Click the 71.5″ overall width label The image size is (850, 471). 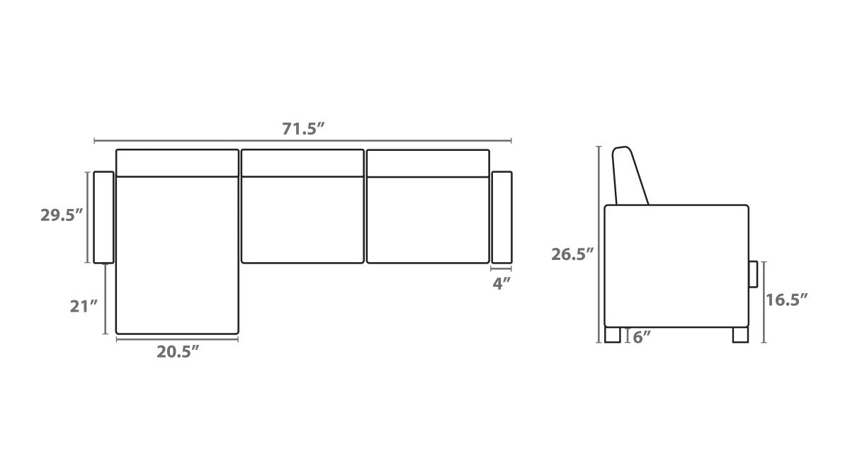(x=303, y=129)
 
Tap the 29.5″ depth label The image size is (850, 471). (x=62, y=216)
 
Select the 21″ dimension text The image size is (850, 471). (x=84, y=306)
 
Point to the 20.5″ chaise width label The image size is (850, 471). (x=177, y=351)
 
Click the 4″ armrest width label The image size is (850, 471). (x=501, y=283)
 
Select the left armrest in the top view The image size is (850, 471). (x=103, y=217)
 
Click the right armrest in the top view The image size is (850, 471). (x=501, y=217)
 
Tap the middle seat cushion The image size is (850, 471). (x=302, y=220)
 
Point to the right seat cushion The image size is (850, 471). (x=428, y=220)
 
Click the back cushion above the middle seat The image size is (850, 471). (x=302, y=163)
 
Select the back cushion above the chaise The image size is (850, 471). (x=177, y=163)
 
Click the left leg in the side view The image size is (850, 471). (x=613, y=335)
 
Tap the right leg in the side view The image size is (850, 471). (x=739, y=335)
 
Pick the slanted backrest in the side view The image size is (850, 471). (x=630, y=176)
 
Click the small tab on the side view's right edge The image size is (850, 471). (x=753, y=274)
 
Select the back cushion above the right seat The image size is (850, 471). (x=428, y=163)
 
